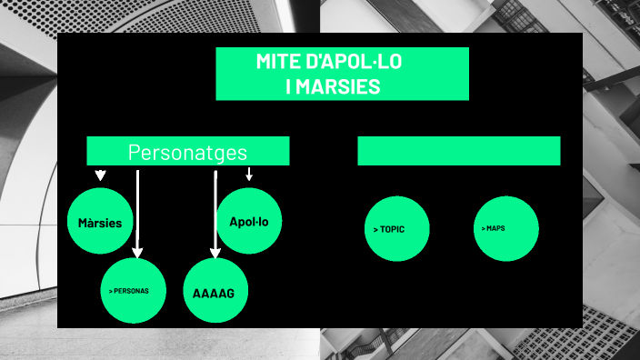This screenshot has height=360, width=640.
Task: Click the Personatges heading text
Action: [187, 152]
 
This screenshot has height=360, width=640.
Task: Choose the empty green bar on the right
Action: [458, 151]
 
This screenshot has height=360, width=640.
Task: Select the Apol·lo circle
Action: [249, 221]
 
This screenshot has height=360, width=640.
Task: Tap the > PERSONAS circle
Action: [134, 291]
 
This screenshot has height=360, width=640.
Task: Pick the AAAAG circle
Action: [215, 292]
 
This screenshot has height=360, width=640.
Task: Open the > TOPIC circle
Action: [397, 229]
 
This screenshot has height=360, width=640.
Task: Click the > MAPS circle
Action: [506, 228]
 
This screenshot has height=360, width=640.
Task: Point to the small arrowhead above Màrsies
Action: [101, 175]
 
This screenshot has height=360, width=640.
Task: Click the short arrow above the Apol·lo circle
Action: [249, 173]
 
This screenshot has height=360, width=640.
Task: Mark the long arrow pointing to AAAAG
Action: [215, 214]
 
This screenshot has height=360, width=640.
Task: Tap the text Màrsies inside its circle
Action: [100, 223]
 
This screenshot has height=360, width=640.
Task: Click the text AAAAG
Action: [215, 294]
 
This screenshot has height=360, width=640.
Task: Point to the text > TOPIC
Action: [389, 229]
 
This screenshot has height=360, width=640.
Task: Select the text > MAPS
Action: [494, 228]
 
